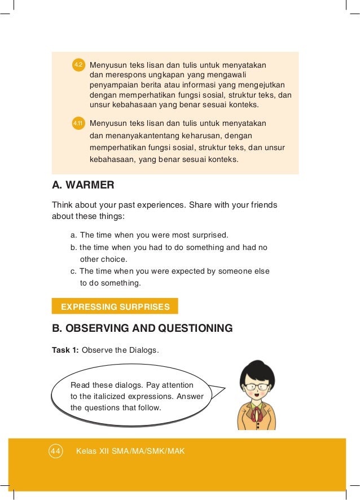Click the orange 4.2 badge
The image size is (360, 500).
[x=78, y=65]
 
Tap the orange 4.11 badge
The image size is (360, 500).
[x=78, y=123]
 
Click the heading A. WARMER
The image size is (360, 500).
[x=83, y=185]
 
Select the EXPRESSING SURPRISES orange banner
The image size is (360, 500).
[x=115, y=306]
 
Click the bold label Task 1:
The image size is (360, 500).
[x=65, y=350]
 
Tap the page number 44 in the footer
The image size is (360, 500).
[x=55, y=451]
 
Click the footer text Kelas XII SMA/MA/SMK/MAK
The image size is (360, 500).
[x=130, y=451]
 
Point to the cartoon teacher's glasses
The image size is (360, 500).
[x=257, y=387]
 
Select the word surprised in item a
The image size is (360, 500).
[x=210, y=235]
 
